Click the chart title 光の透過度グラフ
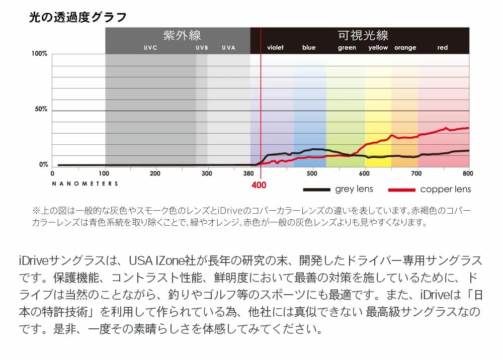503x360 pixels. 78,18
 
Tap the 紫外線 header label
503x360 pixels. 182,36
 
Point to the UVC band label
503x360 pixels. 150,48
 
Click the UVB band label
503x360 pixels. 202,48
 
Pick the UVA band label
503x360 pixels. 228,48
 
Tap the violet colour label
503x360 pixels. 275,48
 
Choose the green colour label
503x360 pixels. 347,48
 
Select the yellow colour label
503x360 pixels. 378,48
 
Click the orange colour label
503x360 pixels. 405,48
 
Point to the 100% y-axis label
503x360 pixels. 40,54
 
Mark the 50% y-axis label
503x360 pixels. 41,110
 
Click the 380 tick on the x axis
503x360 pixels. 248,173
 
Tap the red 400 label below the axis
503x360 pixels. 259,185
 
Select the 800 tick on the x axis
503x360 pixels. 468,173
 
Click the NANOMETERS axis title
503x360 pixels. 85,184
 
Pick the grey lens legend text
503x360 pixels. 354,189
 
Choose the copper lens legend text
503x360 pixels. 445,189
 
